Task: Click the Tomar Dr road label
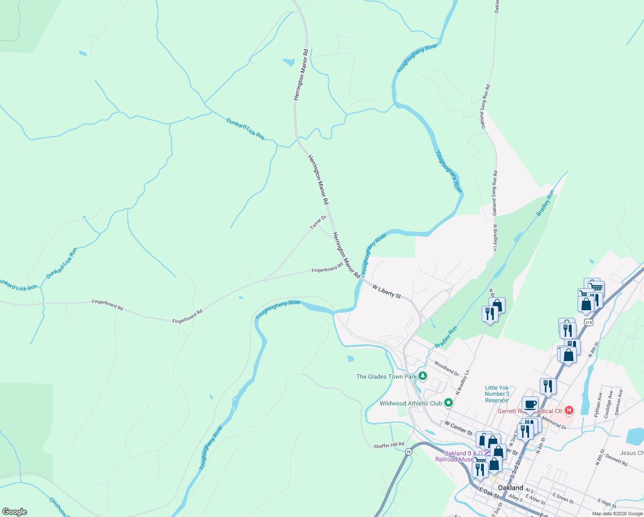pos(318,222)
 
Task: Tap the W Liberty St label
pos(387,291)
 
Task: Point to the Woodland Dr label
pos(446,368)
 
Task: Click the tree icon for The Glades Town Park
pos(423,376)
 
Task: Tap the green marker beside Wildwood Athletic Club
pos(449,403)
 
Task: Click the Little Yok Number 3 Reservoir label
pos(497,394)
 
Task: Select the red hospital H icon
pos(569,410)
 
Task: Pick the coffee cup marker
pos(530,404)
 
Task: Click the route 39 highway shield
pos(408,452)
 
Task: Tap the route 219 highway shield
pos(588,322)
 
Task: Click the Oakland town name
pos(511,488)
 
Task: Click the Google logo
pos(15,511)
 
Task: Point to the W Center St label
pos(458,428)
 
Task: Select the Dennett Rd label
pos(616,459)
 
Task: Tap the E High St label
pos(607,503)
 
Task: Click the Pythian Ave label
pos(598,405)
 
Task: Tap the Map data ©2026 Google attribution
pos(616,513)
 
